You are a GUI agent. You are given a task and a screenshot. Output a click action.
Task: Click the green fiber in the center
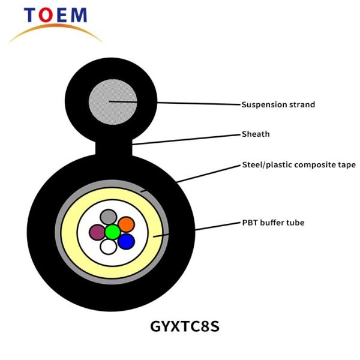(113, 232)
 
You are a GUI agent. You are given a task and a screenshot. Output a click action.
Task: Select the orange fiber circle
(126, 224)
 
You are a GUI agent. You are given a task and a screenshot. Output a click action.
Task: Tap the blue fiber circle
(126, 242)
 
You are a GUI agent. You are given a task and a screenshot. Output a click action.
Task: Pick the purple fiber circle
(97, 232)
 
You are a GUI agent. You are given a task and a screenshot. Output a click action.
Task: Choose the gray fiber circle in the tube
(109, 217)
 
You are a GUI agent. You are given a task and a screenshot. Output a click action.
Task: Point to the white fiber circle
(109, 247)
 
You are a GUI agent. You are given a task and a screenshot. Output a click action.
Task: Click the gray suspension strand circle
(113, 102)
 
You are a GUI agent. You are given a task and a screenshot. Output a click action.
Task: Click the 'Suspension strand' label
(278, 104)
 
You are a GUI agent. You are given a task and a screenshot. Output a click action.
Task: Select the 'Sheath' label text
(256, 134)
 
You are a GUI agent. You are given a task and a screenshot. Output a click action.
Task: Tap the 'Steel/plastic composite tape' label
(299, 165)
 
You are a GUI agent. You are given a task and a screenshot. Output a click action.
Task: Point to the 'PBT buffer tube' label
(273, 223)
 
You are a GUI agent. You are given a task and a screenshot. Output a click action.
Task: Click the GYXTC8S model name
(185, 326)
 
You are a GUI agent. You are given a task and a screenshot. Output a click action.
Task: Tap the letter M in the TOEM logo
(79, 15)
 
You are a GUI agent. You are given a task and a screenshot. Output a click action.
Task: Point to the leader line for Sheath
(186, 140)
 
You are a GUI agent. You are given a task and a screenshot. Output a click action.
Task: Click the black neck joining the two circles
(113, 148)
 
